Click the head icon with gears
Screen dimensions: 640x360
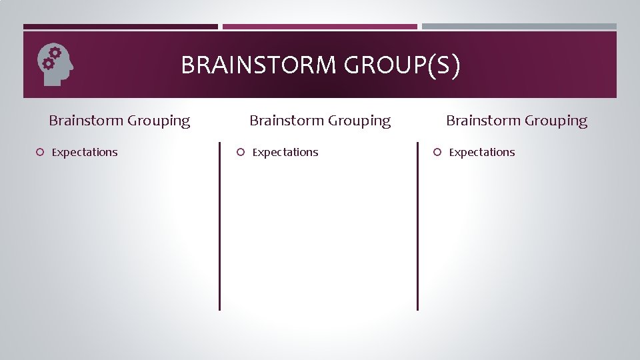click(55, 65)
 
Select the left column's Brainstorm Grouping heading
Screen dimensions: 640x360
click(119, 121)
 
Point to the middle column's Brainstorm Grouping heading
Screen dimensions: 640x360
click(320, 121)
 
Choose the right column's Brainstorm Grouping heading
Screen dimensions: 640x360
click(517, 121)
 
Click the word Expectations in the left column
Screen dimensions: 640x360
click(85, 152)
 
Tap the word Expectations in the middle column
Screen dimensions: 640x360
click(285, 152)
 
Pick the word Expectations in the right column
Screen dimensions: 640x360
click(482, 152)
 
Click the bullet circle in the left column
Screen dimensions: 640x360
click(40, 152)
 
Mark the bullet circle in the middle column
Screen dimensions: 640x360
click(241, 152)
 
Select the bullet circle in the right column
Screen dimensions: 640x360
click(437, 152)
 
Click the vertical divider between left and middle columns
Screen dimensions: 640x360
click(219, 226)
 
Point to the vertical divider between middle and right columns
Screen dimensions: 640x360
click(417, 226)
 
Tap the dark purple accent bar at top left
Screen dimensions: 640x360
click(121, 27)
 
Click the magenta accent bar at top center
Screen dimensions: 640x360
click(320, 27)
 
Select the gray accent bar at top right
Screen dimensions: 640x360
click(519, 27)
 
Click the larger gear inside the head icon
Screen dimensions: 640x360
click(55, 53)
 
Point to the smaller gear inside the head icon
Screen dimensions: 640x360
click(48, 63)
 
